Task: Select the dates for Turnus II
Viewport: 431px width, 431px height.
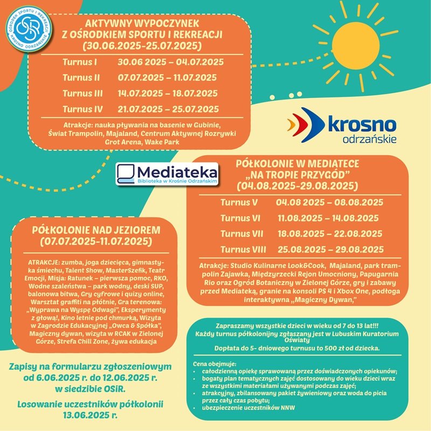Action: coord(167,78)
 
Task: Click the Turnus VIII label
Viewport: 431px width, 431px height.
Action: coord(243,249)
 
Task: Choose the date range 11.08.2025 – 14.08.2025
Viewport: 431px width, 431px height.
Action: coord(328,218)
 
